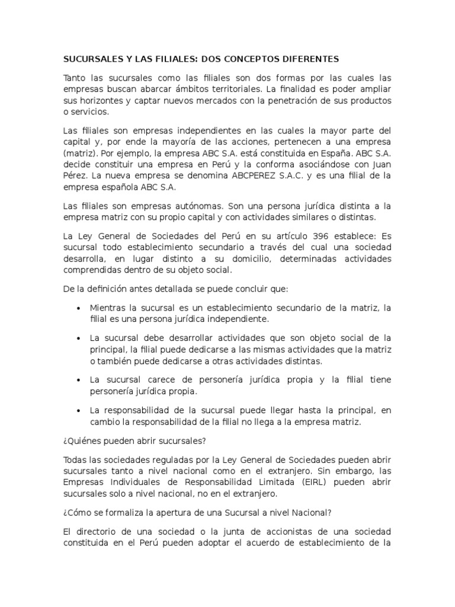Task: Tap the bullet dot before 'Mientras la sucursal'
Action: pyautogui.click(x=78, y=308)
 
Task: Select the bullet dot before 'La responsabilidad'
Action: pyautogui.click(x=78, y=410)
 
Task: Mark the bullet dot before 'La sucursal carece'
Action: pyautogui.click(x=78, y=379)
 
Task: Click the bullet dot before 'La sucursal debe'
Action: pyautogui.click(x=78, y=338)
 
